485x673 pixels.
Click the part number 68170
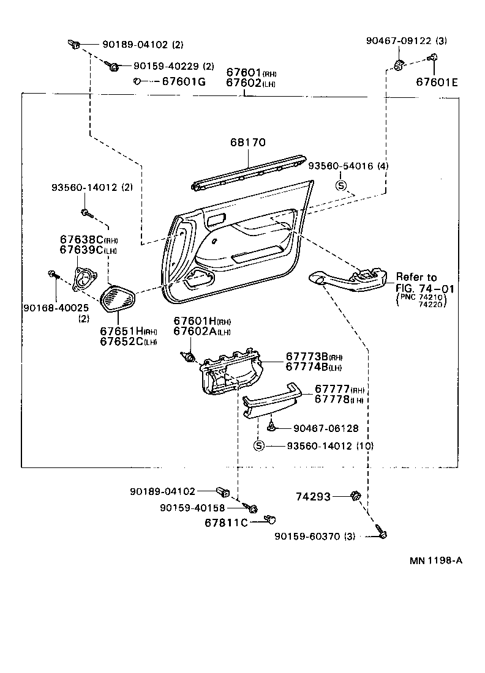point(248,143)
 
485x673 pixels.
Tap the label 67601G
point(183,81)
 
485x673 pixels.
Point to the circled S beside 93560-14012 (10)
point(258,445)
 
